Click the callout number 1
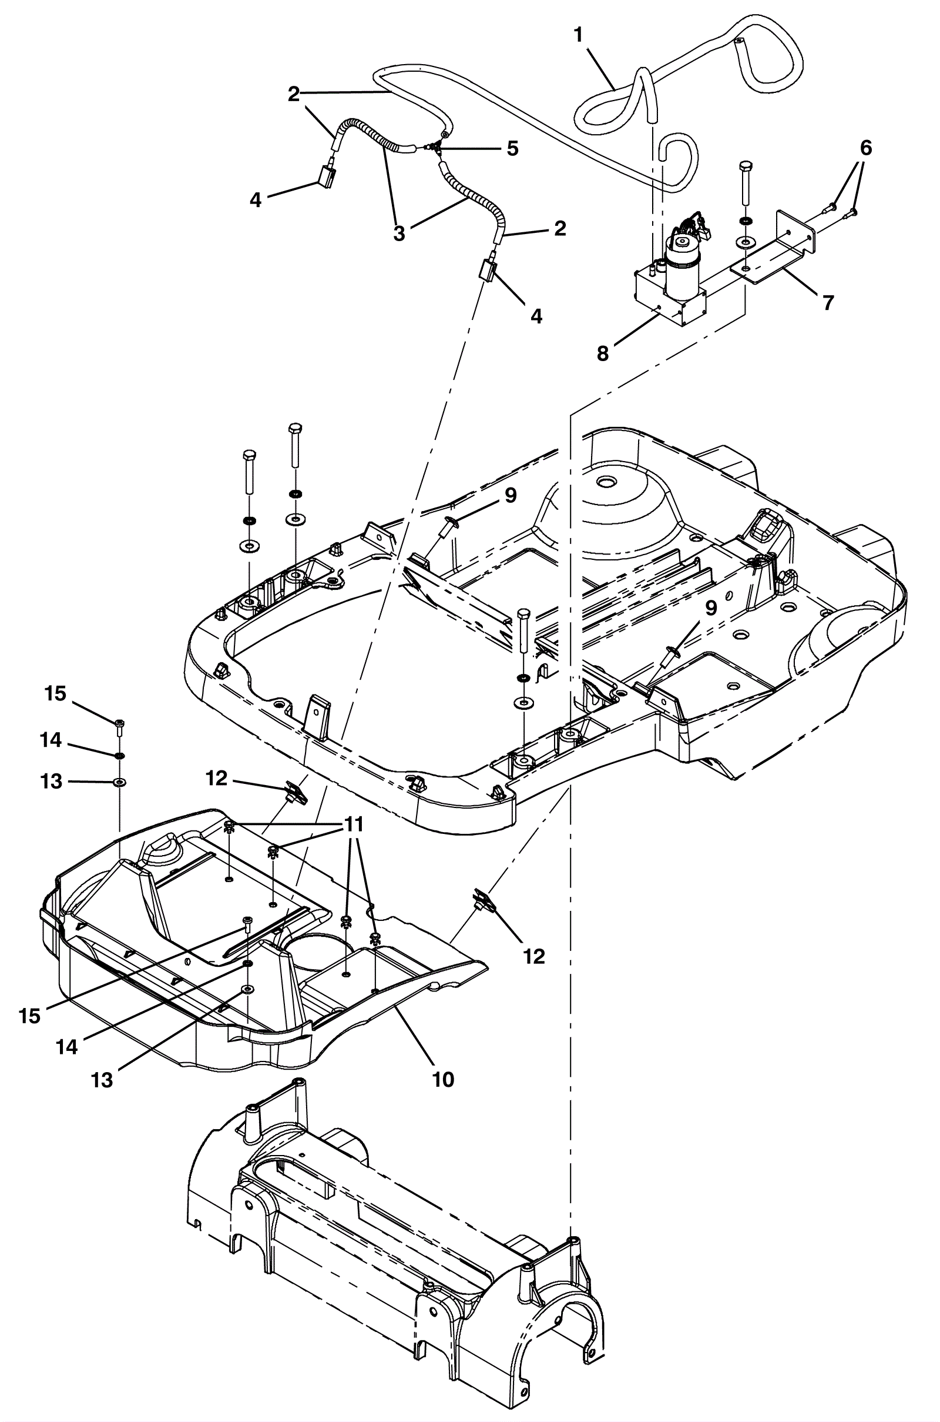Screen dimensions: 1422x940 point(578,35)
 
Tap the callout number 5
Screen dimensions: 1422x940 point(512,148)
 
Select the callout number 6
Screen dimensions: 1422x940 point(865,148)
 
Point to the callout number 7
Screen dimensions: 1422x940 point(828,303)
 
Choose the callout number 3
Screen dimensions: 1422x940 point(399,234)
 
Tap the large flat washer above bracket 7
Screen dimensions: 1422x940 point(744,243)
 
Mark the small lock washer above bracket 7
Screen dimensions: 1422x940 point(744,221)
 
